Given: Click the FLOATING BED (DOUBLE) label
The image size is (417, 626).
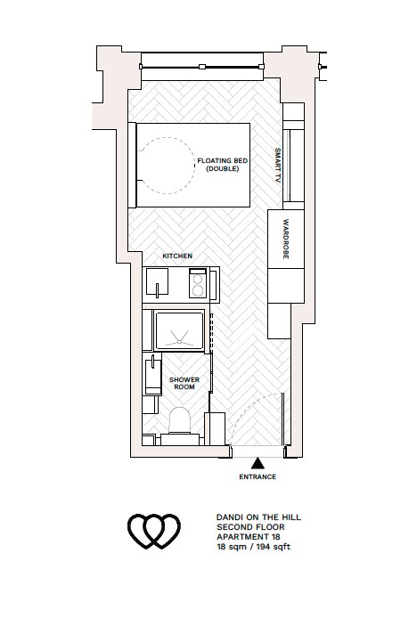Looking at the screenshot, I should point(222,164).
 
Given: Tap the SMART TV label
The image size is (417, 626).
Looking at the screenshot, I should point(278,164).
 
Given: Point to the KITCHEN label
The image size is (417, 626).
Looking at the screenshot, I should point(176,256).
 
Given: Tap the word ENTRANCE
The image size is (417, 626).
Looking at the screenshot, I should point(258,477).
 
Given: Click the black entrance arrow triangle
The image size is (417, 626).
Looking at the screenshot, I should point(258,463).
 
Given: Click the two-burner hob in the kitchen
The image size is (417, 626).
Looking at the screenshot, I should point(198,285).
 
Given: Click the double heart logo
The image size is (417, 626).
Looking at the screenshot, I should point(155,532).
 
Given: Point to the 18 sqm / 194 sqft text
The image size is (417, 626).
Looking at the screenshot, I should point(253,547).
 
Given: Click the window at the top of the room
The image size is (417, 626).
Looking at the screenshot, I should point(201,63).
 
